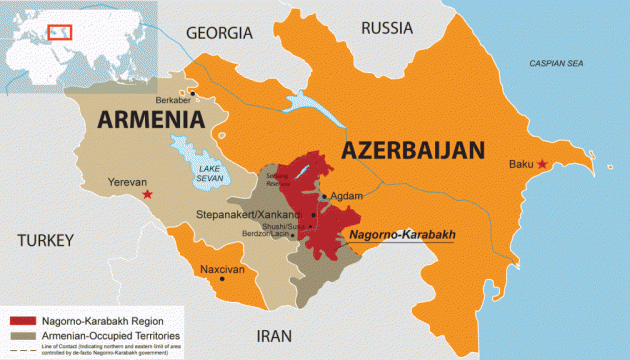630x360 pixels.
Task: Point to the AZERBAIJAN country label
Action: [413, 152]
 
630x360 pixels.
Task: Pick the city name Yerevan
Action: [125, 183]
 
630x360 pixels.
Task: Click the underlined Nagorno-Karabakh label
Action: [401, 235]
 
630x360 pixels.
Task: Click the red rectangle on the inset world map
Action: [63, 31]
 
